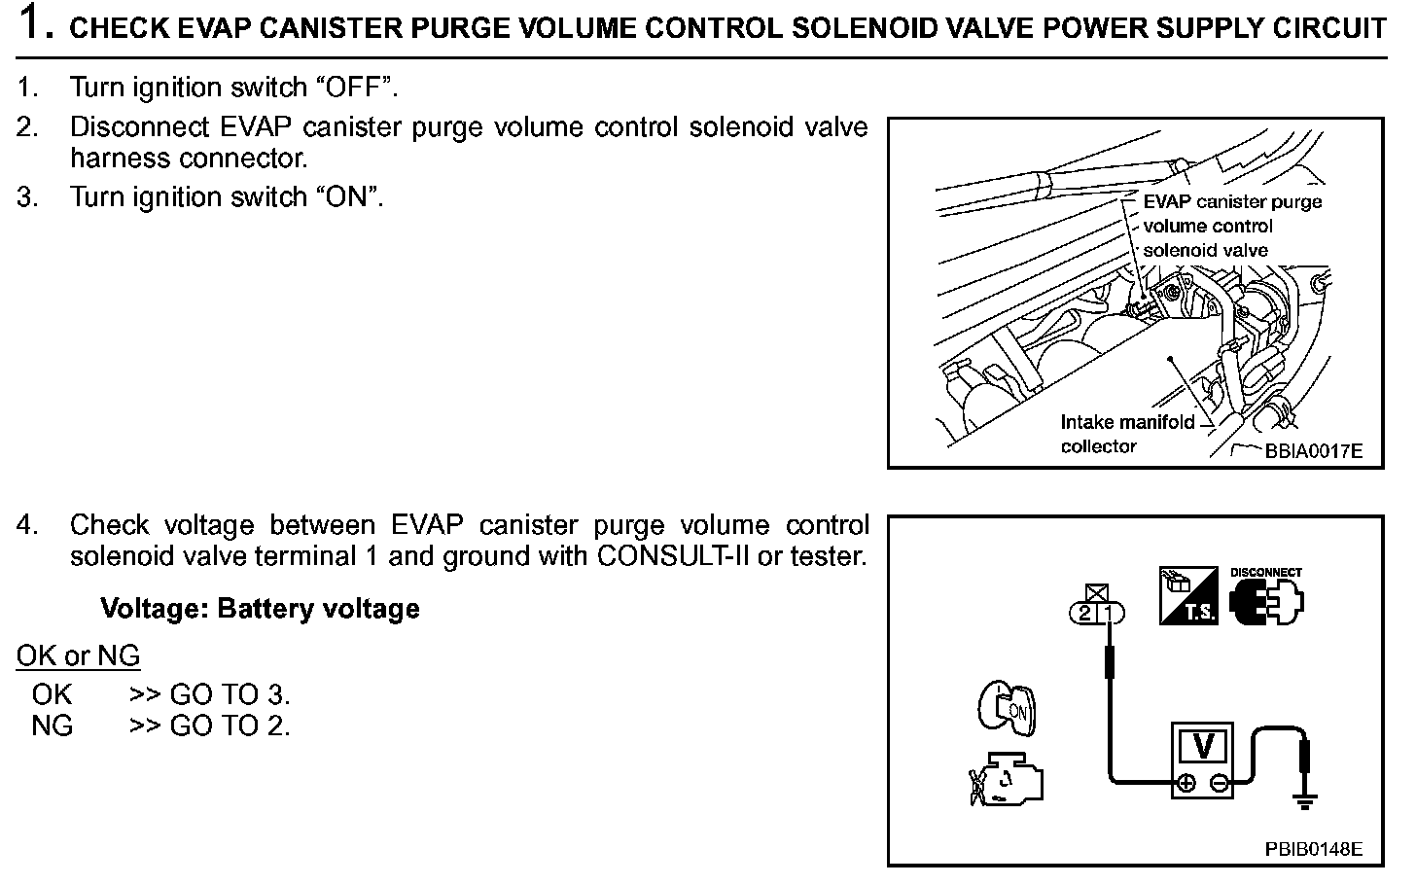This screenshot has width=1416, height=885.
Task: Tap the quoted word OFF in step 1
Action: [x=354, y=88]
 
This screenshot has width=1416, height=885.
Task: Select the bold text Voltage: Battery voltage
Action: [x=260, y=609]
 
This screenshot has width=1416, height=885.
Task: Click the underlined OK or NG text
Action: [x=78, y=656]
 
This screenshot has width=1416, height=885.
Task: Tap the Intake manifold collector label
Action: [x=1126, y=434]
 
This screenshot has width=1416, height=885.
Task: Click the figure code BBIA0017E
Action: [x=1313, y=451]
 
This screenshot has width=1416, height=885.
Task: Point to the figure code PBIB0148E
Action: [x=1313, y=849]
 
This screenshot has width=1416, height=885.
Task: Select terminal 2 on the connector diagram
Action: [x=1084, y=613]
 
